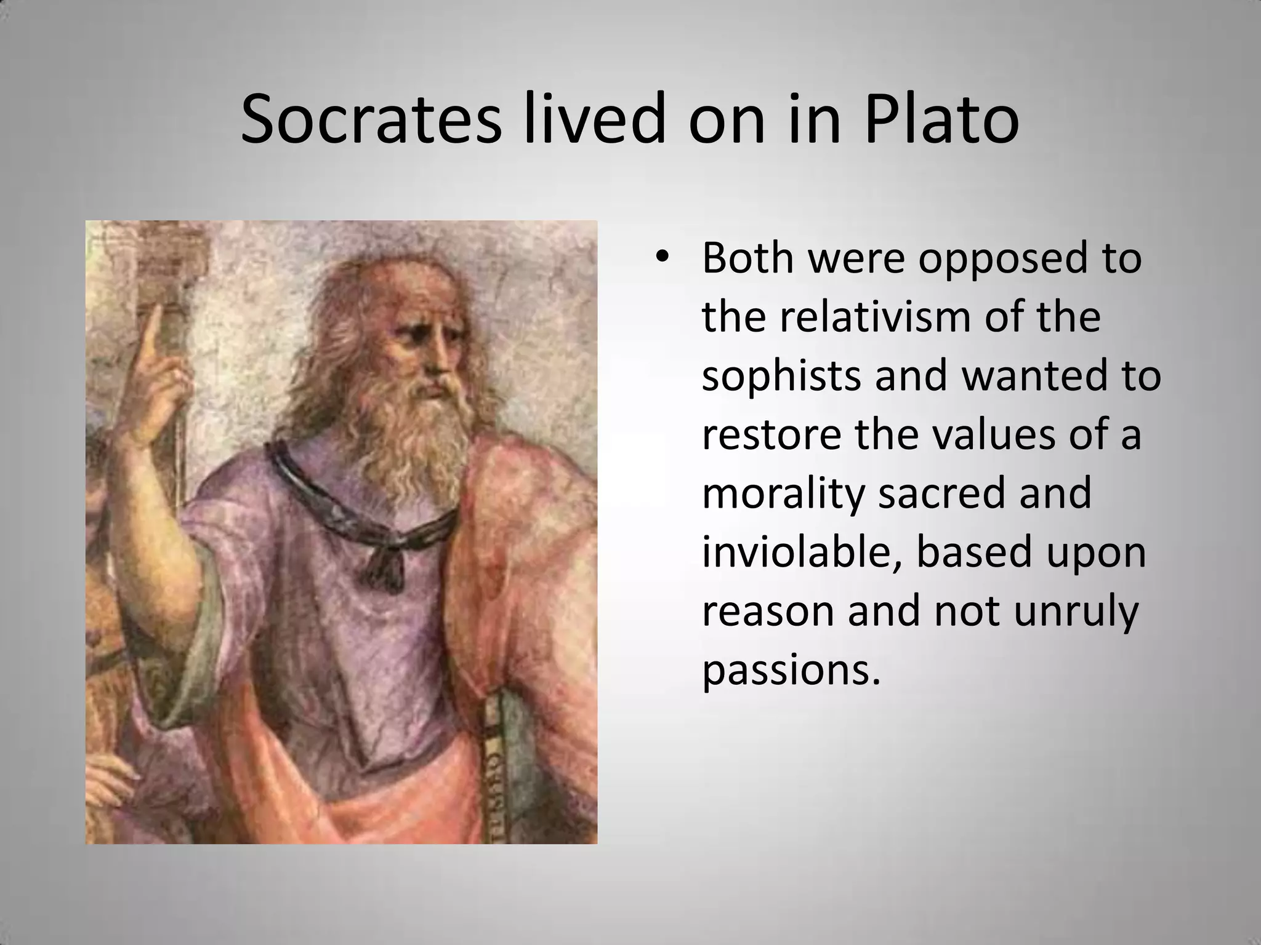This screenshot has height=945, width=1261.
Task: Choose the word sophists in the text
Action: pyautogui.click(x=781, y=377)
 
